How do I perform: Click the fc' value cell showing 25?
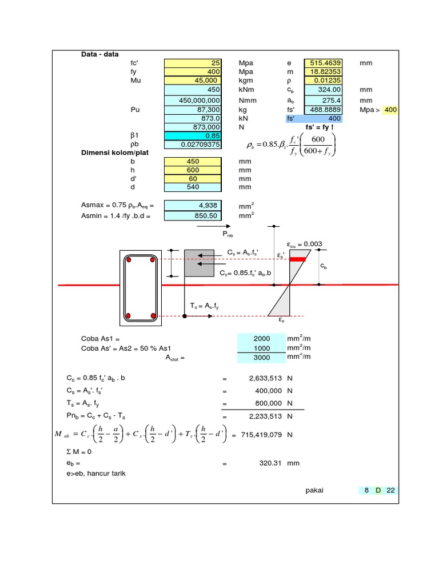pos(193,63)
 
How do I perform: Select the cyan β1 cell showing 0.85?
pos(193,136)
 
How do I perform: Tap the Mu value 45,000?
pos(193,81)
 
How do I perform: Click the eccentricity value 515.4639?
pos(323,63)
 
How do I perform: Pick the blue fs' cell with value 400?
pos(314,118)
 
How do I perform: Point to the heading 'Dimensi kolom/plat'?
pos(113,153)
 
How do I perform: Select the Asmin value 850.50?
pos(193,216)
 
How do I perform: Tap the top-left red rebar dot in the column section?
pos(129,261)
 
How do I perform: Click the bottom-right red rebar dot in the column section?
pos(153,315)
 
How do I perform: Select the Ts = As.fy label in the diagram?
pos(205,306)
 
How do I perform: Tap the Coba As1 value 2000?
pos(261,339)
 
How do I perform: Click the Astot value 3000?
pos(261,357)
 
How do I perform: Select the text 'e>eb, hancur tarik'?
pos(96,473)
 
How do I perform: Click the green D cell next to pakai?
pos(378,490)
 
